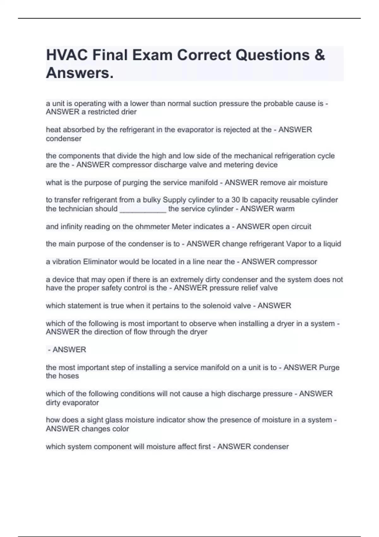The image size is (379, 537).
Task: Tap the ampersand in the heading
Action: (319, 55)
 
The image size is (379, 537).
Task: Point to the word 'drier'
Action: (129, 112)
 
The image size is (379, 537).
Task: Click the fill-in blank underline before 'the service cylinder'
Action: (143, 209)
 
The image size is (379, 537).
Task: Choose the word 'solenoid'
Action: (216, 305)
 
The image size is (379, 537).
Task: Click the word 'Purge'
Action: (329, 367)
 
